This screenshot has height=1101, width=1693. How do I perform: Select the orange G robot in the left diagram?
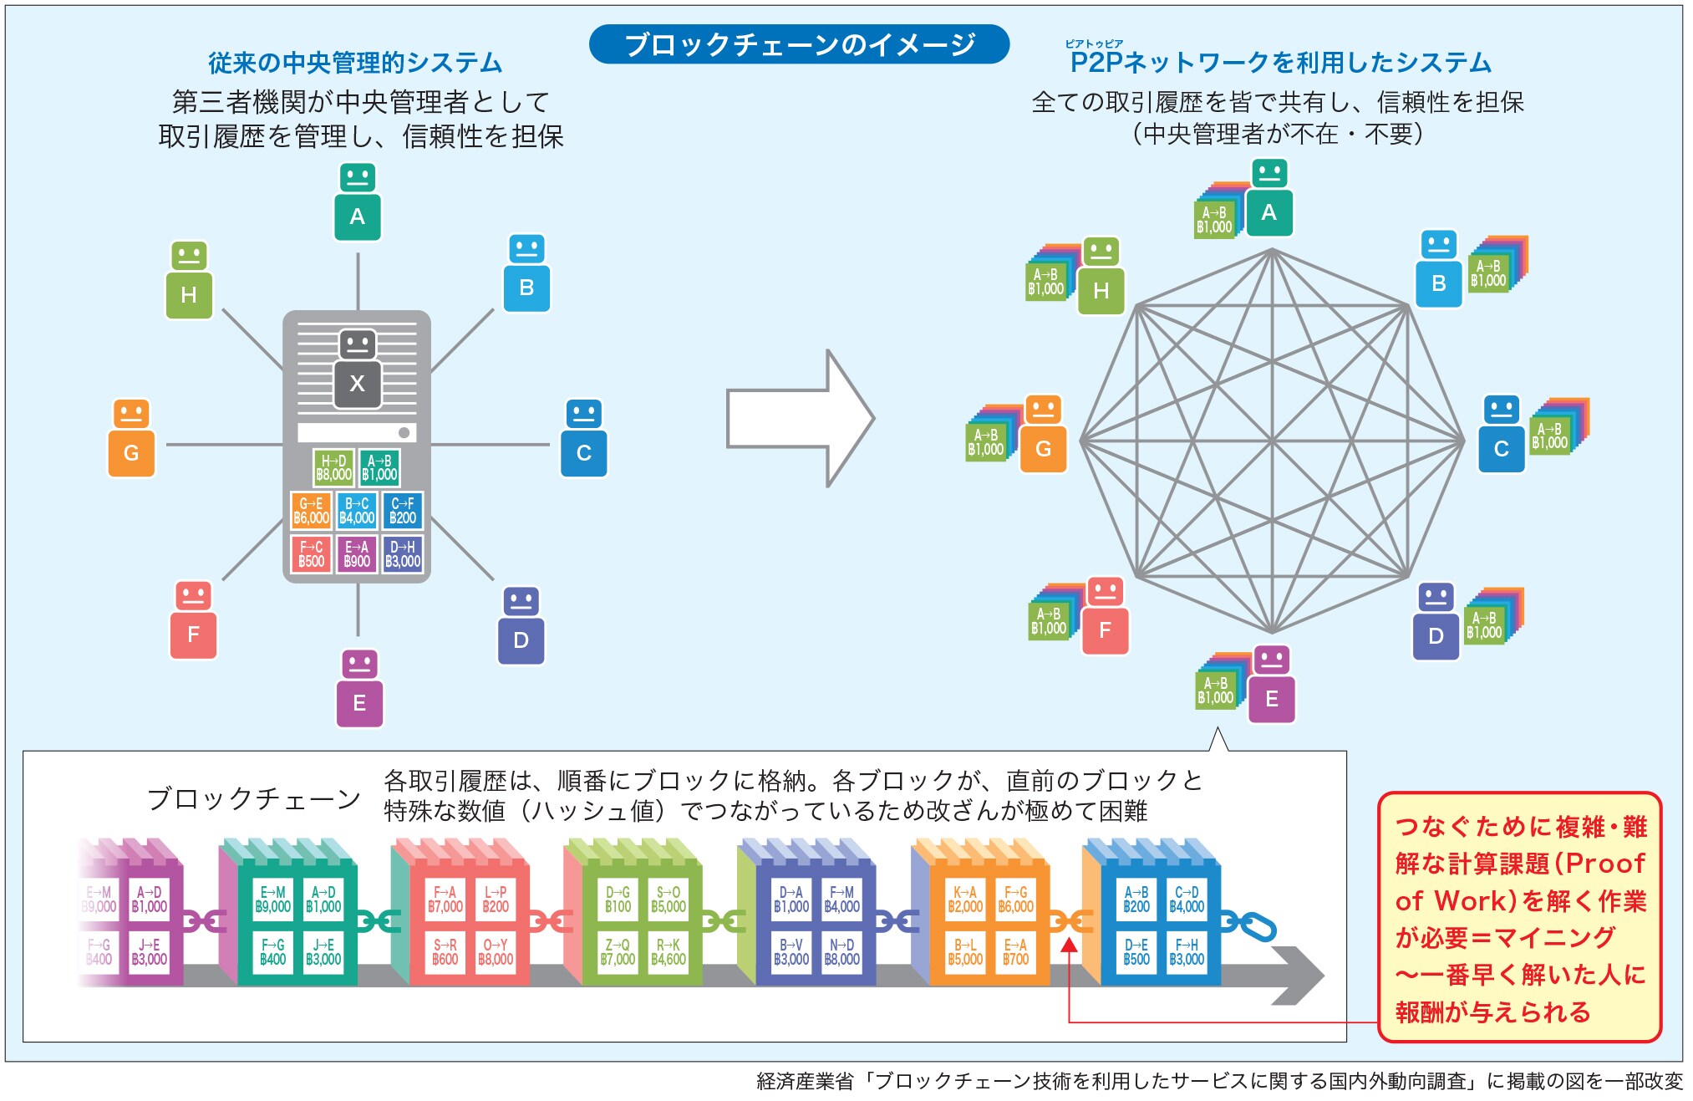tap(131, 440)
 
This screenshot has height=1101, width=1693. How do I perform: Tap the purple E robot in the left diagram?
tap(359, 690)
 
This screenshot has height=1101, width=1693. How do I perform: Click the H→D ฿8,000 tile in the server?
tap(333, 467)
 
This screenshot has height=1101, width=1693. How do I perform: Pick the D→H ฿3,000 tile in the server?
tap(403, 554)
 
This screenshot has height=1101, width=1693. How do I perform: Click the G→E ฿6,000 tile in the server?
tap(311, 511)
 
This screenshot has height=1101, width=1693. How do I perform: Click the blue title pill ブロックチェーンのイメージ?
tap(799, 44)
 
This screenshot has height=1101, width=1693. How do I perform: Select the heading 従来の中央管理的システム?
tap(355, 63)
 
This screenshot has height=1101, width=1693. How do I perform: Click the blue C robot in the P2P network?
tap(1501, 435)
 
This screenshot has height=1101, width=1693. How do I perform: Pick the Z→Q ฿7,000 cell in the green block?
tap(618, 952)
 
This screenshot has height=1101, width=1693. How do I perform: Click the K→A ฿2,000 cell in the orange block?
tap(965, 900)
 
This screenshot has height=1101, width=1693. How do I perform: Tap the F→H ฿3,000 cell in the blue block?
tap(1187, 952)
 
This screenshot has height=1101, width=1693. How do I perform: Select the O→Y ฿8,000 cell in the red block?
tap(496, 952)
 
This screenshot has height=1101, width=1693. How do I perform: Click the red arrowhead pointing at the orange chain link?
tap(1069, 946)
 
